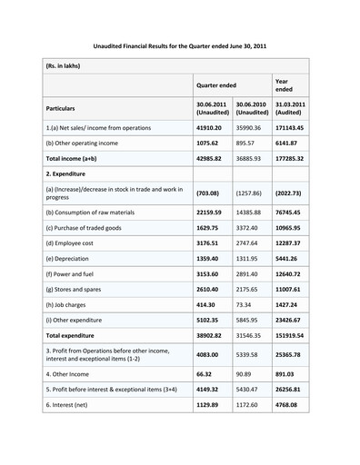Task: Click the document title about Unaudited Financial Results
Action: tap(180, 43)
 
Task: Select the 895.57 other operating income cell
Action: tap(248, 154)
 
